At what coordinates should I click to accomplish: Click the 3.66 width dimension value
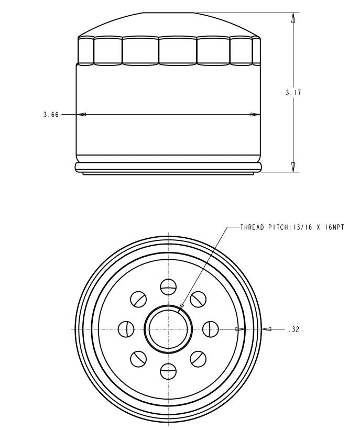coord(51,115)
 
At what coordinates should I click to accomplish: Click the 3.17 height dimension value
coord(293,93)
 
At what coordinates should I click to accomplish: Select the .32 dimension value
coord(293,329)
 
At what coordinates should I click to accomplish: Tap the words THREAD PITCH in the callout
coord(264,227)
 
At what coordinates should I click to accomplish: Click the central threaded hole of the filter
coord(168,329)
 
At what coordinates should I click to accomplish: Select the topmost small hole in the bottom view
coord(168,287)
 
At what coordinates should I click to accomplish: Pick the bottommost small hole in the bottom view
coord(168,371)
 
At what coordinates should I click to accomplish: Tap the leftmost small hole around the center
coord(126,329)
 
